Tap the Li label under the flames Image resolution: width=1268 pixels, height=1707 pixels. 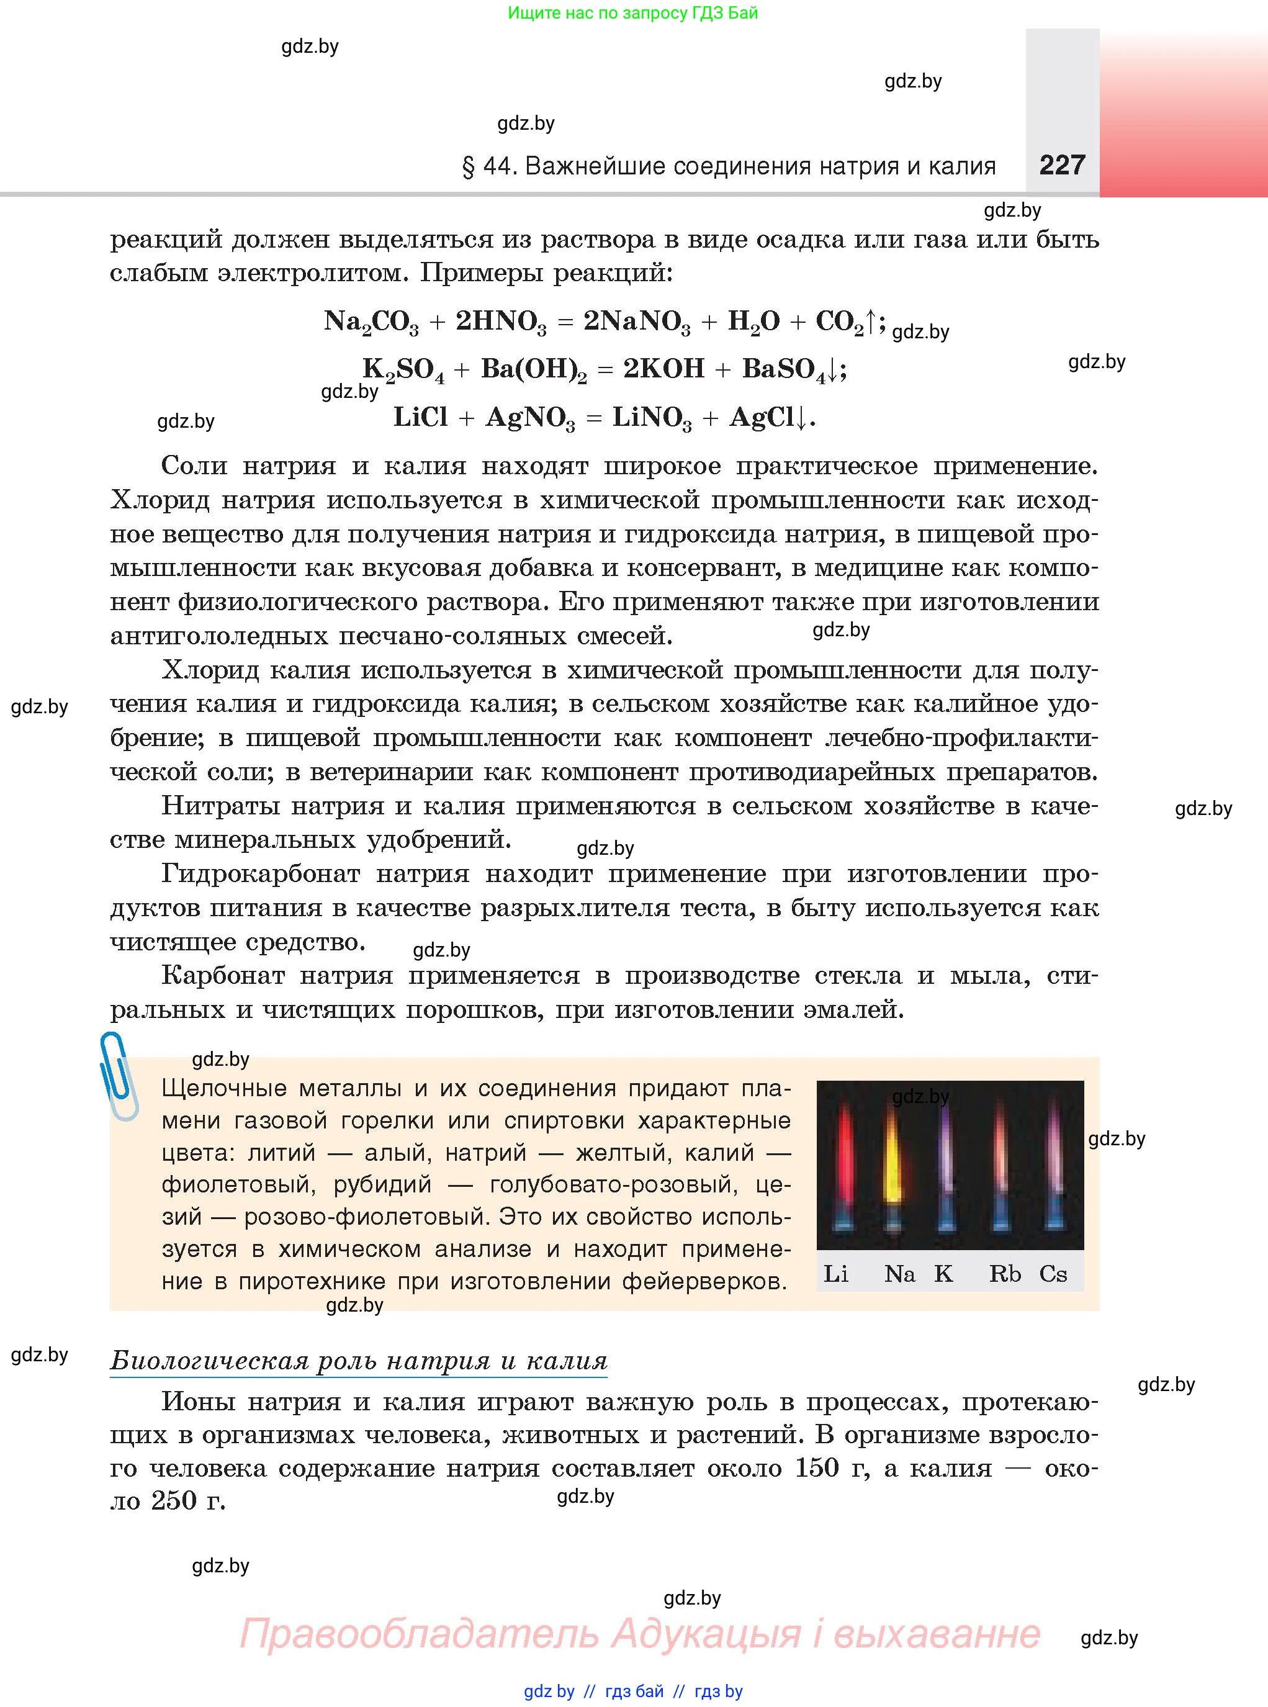(836, 1274)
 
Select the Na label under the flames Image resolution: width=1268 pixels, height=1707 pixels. (899, 1274)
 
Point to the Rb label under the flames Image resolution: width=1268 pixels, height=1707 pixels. (1004, 1274)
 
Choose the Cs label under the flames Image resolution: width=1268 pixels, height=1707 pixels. (1053, 1274)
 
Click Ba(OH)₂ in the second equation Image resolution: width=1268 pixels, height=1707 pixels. (533, 370)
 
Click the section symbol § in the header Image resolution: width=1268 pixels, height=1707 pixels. (467, 166)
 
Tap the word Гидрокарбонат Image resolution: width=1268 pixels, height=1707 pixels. (261, 873)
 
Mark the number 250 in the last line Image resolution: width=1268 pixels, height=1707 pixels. (174, 1500)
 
